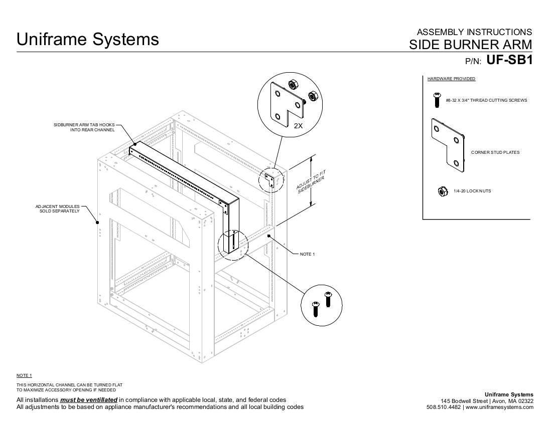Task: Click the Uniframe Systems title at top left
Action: click(88, 39)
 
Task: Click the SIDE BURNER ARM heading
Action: click(470, 45)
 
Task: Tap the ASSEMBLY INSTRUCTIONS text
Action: click(474, 32)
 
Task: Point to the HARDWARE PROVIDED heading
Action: click(451, 79)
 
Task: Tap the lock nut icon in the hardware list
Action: click(442, 191)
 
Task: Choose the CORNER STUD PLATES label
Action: click(495, 152)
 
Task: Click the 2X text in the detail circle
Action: click(298, 126)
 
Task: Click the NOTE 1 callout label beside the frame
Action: click(307, 254)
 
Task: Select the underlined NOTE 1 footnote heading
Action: click(24, 375)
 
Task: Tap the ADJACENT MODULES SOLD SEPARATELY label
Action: click(57, 208)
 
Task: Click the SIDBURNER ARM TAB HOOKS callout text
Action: click(84, 127)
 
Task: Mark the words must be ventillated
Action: click(89, 400)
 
